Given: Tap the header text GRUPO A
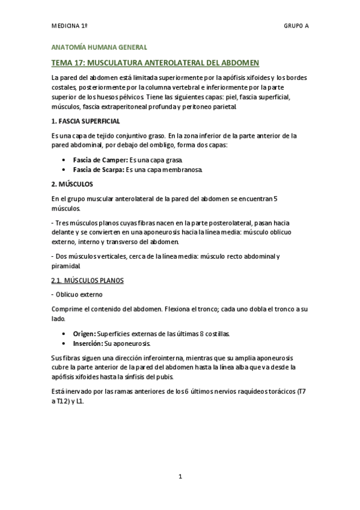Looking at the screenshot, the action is pos(296,26).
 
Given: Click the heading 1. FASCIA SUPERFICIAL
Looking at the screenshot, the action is pos(85,121).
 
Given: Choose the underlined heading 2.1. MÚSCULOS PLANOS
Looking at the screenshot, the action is pos(87,281).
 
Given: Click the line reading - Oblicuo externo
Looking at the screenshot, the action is pos(78,295).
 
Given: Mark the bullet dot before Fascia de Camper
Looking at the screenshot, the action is pos(64,161).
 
